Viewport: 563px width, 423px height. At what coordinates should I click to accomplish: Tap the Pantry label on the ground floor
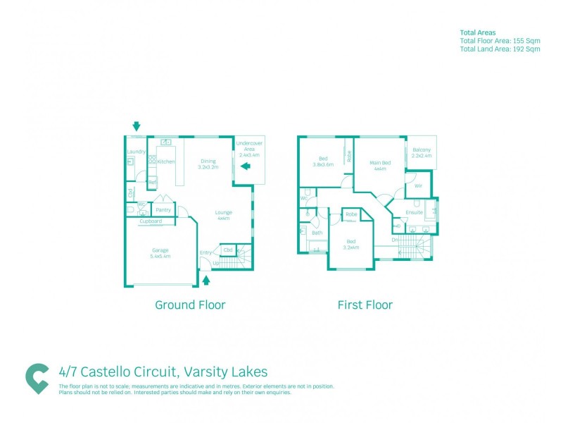click(163, 209)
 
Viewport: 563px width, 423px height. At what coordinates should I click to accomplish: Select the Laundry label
click(136, 152)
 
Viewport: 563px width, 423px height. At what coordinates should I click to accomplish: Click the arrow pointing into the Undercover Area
click(245, 166)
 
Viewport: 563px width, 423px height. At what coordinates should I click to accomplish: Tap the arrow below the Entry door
click(206, 281)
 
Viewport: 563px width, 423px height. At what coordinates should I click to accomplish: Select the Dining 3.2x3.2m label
click(208, 164)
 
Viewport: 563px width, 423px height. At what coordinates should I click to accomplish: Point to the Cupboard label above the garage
click(151, 221)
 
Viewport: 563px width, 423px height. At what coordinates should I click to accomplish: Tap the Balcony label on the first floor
click(422, 152)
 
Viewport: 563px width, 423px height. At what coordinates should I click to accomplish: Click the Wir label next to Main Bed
click(418, 186)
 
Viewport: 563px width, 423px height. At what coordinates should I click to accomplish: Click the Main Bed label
click(380, 166)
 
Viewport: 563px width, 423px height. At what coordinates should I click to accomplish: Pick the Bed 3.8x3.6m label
click(323, 161)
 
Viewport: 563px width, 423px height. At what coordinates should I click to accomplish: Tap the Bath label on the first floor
click(317, 233)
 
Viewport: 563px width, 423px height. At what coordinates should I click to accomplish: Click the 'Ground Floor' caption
click(190, 305)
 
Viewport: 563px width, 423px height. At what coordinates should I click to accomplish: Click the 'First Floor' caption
click(365, 305)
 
